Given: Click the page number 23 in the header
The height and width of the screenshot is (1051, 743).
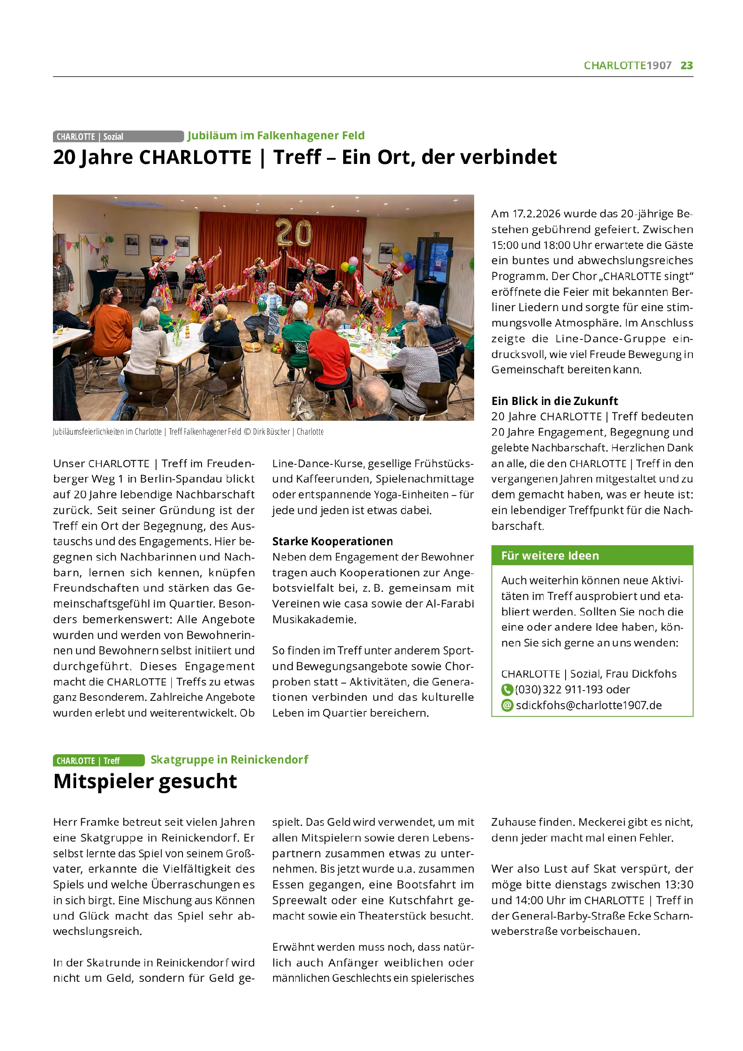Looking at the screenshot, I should [x=686, y=65].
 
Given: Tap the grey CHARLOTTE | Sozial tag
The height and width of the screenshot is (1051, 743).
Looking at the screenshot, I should [x=118, y=137].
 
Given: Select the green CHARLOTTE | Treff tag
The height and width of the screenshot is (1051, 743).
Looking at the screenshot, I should [x=98, y=760].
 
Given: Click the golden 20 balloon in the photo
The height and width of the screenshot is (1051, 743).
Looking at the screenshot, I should [x=293, y=233].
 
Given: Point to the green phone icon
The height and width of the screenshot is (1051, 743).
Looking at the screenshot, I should [x=507, y=690].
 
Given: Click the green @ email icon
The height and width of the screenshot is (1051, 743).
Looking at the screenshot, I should [x=507, y=705].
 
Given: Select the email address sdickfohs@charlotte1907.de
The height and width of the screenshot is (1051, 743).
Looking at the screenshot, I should [x=588, y=705].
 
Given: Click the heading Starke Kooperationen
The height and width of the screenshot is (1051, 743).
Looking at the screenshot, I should [x=332, y=542].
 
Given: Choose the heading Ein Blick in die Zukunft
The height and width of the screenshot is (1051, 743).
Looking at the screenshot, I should [x=554, y=401].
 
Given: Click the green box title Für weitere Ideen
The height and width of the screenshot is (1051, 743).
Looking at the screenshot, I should [x=550, y=555].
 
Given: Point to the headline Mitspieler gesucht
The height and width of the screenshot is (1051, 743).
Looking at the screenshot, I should [x=145, y=782].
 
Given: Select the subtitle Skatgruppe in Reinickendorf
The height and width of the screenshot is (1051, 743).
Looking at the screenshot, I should [x=229, y=760].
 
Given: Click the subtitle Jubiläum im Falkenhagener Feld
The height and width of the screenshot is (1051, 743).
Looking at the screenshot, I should [x=276, y=136].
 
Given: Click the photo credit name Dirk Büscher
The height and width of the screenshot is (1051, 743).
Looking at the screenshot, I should [x=271, y=432].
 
